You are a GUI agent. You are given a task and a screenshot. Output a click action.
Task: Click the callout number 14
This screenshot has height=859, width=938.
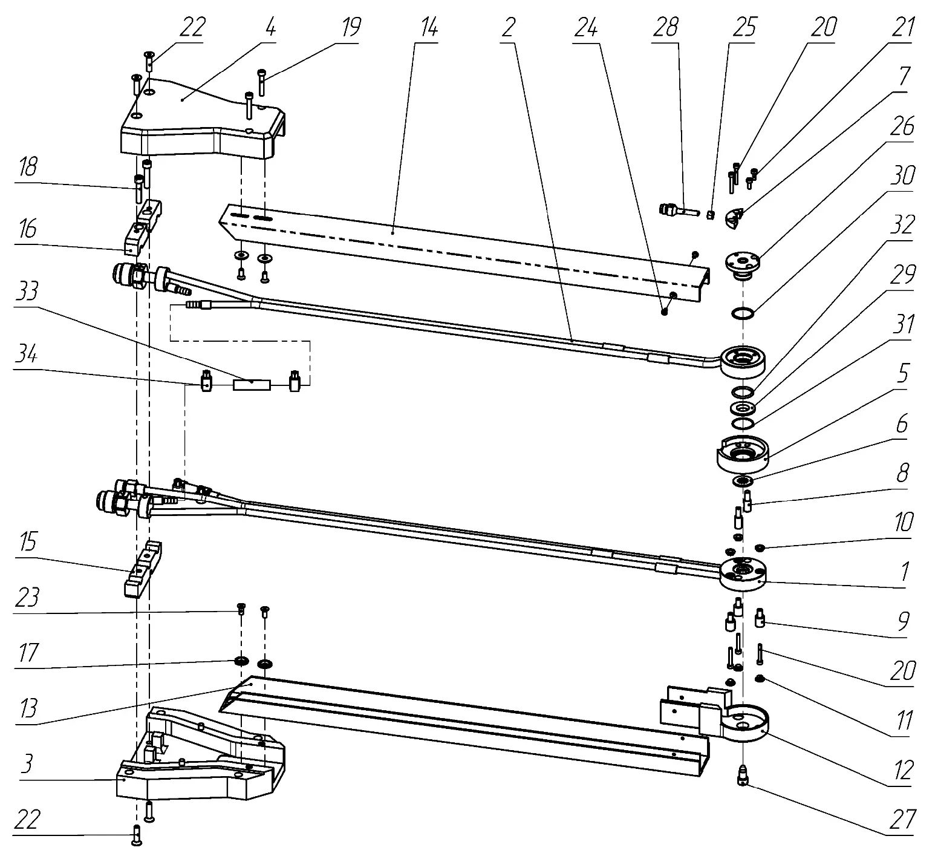click(428, 27)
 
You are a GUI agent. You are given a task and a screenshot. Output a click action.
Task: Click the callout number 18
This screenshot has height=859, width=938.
click(28, 168)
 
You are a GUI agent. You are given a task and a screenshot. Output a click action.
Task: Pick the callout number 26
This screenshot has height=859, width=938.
click(901, 126)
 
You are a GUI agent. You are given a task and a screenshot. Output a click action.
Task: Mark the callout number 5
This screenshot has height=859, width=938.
click(901, 374)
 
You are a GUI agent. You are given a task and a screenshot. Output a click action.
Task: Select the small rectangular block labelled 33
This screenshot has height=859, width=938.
click(251, 384)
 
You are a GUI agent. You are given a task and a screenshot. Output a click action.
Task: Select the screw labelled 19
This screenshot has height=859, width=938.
click(261, 82)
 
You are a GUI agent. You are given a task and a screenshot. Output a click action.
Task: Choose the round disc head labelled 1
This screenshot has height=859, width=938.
click(743, 575)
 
